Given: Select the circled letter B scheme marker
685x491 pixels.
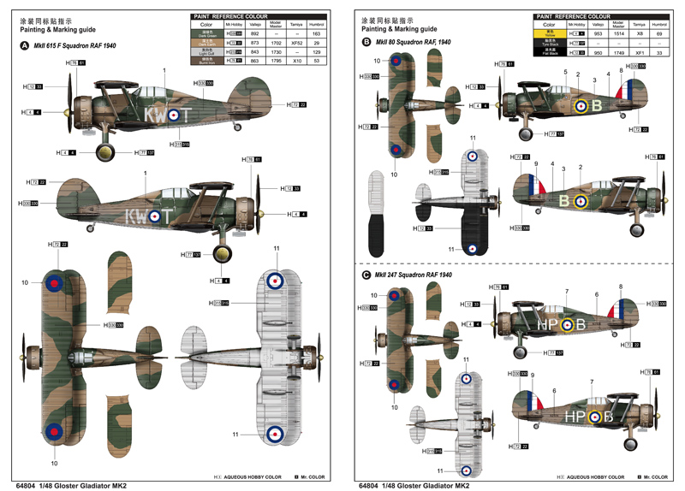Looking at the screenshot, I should click(366, 42).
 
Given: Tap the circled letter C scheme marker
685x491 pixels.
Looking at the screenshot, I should click(366, 275).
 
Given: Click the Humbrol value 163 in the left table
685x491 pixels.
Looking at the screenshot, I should click(317, 33).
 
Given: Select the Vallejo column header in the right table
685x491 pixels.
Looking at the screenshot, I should click(597, 24).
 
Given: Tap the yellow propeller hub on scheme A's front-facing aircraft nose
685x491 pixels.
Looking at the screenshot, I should click(104, 153).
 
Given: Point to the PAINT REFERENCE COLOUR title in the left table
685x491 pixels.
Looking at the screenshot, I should click(230, 15).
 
